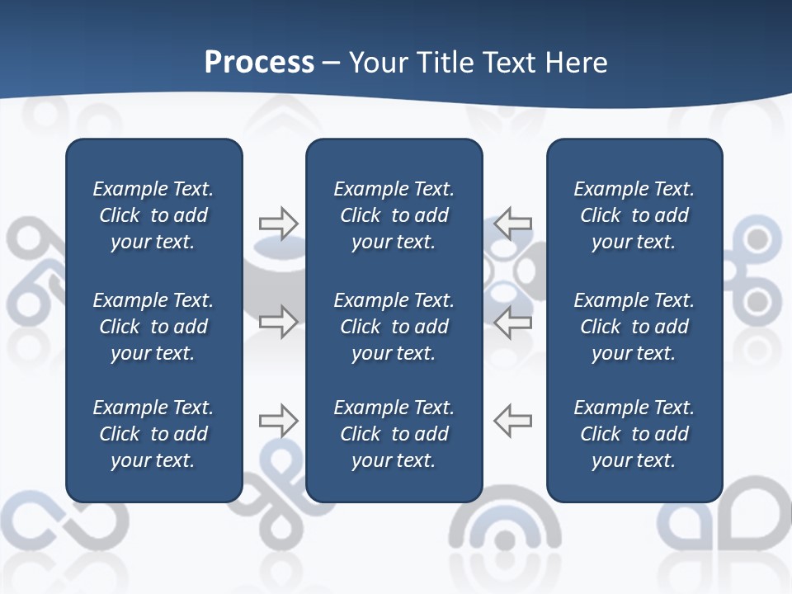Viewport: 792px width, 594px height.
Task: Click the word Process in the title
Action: click(x=259, y=63)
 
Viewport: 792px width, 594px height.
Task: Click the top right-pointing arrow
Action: click(x=278, y=224)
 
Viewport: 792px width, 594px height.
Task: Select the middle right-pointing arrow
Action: click(x=278, y=322)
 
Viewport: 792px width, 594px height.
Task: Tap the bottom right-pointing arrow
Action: click(x=278, y=421)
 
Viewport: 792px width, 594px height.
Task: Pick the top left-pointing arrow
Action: click(x=513, y=224)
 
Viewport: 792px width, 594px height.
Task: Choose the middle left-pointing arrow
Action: click(x=513, y=322)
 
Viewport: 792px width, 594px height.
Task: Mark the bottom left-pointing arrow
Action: click(x=513, y=421)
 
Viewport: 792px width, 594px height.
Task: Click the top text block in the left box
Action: click(x=153, y=215)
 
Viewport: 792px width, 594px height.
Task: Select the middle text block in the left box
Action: click(x=153, y=327)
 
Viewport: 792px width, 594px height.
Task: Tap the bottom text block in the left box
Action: click(x=153, y=434)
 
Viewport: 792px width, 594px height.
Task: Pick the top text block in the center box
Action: click(x=394, y=215)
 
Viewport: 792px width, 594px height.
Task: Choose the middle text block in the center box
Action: click(x=394, y=327)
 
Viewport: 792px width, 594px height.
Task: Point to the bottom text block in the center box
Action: click(x=394, y=434)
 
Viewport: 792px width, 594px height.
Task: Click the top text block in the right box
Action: click(x=634, y=215)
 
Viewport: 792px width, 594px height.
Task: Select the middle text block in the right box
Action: click(x=634, y=327)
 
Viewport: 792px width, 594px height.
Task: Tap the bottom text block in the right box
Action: click(x=634, y=434)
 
